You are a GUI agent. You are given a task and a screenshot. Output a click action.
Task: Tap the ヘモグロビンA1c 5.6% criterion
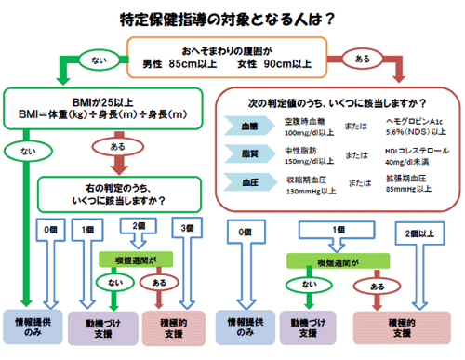point(410,127)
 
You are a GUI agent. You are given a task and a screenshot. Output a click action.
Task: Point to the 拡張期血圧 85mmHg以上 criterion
point(410,181)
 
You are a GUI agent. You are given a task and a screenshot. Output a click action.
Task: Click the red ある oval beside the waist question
point(365,58)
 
